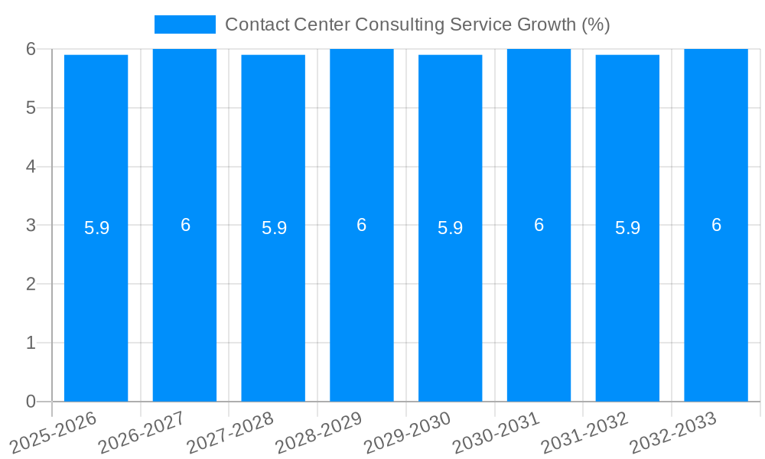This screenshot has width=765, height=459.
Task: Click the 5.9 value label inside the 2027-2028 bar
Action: click(x=274, y=228)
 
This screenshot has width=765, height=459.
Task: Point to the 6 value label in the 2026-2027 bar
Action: click(x=185, y=225)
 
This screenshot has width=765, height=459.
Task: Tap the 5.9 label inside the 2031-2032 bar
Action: click(x=627, y=228)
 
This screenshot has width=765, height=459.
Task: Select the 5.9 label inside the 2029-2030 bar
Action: click(x=450, y=228)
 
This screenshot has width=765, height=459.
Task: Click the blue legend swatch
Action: click(x=185, y=24)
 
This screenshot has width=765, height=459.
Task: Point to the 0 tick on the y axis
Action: click(x=31, y=402)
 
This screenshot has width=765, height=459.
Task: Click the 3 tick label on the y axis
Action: click(x=31, y=225)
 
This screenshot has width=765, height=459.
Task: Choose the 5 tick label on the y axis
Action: click(x=31, y=108)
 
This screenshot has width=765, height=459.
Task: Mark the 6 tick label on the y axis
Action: click(x=31, y=49)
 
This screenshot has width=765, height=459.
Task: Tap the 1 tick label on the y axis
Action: click(x=31, y=343)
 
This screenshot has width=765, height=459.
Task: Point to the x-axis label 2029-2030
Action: click(x=409, y=431)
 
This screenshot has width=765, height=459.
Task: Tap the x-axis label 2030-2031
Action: click(x=498, y=431)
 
